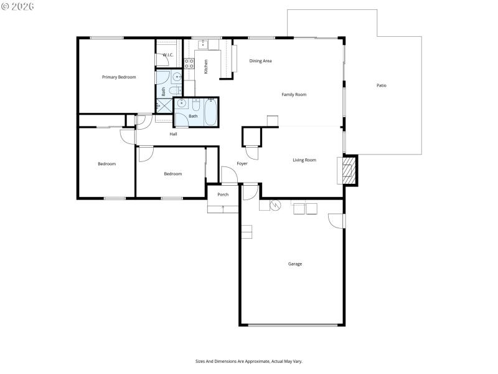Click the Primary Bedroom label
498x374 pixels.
119,77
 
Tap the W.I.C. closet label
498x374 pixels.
167,55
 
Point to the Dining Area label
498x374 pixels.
260,61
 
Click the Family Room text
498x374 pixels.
294,95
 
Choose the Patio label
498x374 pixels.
382,85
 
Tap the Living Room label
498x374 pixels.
304,160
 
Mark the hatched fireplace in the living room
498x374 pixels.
348,170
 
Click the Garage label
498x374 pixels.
295,264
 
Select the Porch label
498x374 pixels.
223,194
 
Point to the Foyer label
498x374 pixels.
242,164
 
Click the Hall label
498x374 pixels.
174,134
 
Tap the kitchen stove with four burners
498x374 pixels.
189,64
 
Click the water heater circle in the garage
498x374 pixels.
275,204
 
